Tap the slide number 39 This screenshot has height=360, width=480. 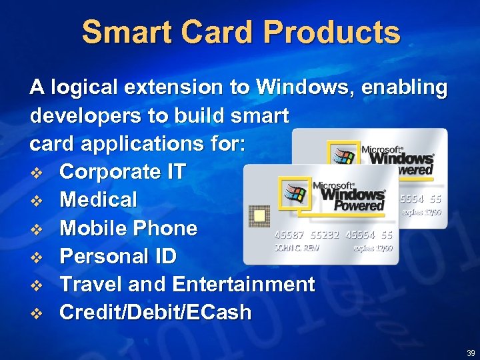[x=471, y=353]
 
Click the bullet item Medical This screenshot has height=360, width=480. [x=99, y=200]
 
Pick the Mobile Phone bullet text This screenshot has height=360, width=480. [x=129, y=228]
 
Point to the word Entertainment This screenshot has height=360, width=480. [x=243, y=285]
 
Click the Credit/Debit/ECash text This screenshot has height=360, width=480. [x=155, y=313]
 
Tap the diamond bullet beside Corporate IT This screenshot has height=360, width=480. [x=39, y=173]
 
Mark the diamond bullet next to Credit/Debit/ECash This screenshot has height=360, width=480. [x=39, y=313]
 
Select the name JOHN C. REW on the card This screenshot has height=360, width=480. [x=297, y=247]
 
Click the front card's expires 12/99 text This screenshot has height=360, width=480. [x=373, y=247]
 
